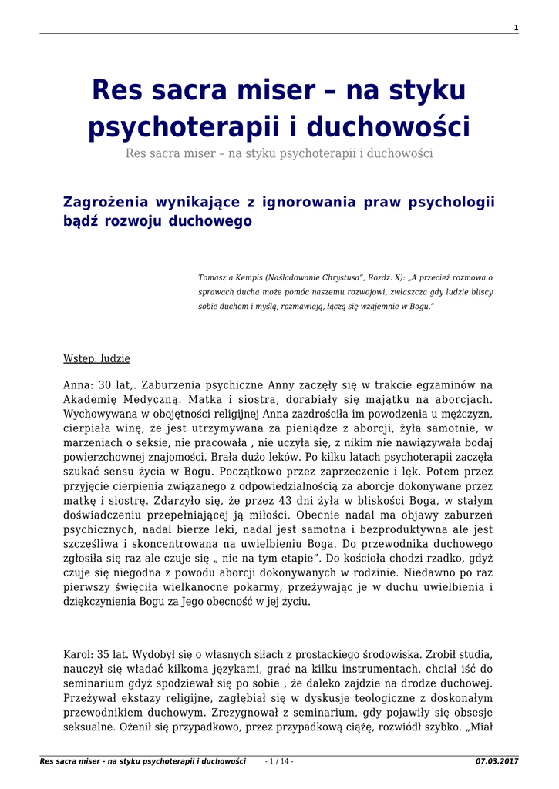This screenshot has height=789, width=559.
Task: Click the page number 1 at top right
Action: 516,28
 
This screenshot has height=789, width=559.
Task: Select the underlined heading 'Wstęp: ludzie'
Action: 96,359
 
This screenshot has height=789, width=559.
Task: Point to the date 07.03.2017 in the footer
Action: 497,761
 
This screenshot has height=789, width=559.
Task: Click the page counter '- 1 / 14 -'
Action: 278,761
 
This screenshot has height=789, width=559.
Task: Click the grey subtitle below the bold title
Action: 279,153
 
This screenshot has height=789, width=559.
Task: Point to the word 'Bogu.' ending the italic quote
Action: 419,306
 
